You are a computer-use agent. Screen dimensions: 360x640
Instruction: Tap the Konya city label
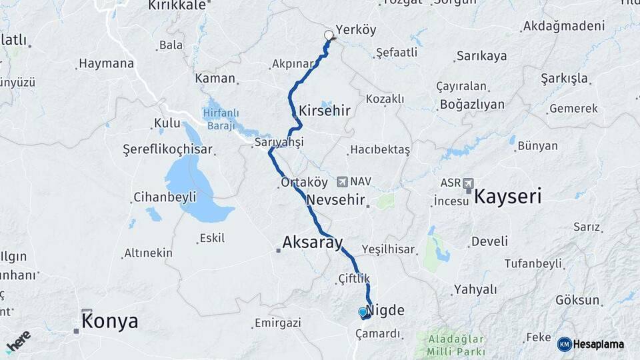tap(110, 321)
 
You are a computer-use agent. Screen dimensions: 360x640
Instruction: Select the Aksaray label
tap(312, 242)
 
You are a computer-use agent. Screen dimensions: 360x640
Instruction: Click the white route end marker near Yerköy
tap(328, 35)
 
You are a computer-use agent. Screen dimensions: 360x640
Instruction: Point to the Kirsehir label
tap(325, 111)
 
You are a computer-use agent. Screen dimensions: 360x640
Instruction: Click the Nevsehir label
tap(336, 199)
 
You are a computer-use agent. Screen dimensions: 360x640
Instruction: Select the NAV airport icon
tap(343, 181)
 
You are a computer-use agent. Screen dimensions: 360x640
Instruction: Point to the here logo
tap(18, 341)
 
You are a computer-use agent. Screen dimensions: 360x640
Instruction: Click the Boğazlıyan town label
tap(471, 105)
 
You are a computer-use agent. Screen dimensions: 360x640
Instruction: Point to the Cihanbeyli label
tap(165, 197)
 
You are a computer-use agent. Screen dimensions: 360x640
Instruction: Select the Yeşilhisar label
tap(389, 249)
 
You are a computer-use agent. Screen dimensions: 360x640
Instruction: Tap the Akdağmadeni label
tap(564, 27)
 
